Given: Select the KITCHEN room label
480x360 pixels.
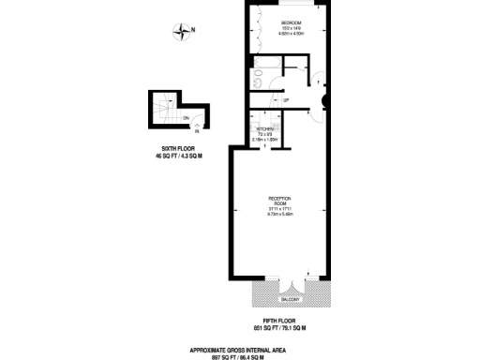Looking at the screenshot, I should pyautogui.click(x=264, y=128).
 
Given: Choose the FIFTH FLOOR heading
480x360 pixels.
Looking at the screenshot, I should pyautogui.click(x=279, y=322).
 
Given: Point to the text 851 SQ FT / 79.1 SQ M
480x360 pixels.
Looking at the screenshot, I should pyautogui.click(x=279, y=330).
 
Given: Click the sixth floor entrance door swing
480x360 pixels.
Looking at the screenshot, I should pyautogui.click(x=201, y=120).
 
